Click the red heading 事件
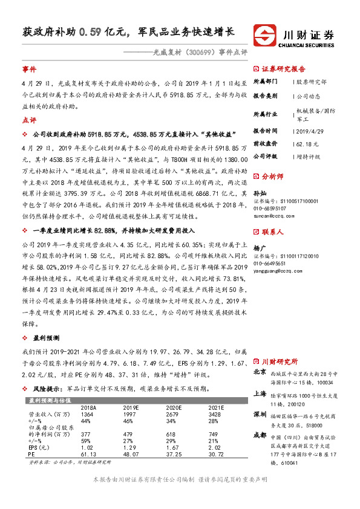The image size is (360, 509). point(29,70)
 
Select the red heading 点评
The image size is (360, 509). point(29,120)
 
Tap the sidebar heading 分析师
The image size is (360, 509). point(273,177)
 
